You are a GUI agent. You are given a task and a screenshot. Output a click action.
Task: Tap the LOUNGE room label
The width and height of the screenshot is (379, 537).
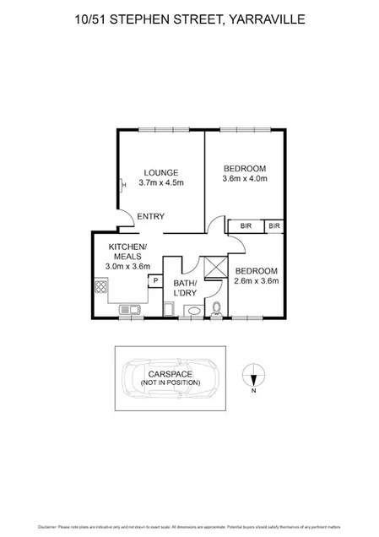(160, 172)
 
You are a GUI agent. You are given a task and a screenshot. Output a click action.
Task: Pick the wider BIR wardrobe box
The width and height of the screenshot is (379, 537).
(246, 225)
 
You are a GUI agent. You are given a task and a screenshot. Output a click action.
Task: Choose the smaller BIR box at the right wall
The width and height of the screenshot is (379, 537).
(274, 225)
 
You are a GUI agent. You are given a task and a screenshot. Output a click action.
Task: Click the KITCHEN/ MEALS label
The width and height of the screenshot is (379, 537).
(127, 251)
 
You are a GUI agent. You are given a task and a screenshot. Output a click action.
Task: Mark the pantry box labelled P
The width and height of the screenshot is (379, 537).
(155, 280)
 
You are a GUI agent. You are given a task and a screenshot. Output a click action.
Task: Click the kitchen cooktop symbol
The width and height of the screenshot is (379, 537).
(102, 291)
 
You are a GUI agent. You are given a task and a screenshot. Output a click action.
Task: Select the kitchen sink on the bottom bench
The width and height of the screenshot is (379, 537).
(130, 310)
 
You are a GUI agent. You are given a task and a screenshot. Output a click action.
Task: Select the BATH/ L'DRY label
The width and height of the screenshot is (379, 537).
(185, 288)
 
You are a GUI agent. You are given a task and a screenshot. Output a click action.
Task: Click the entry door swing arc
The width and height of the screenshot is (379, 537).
(123, 219)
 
